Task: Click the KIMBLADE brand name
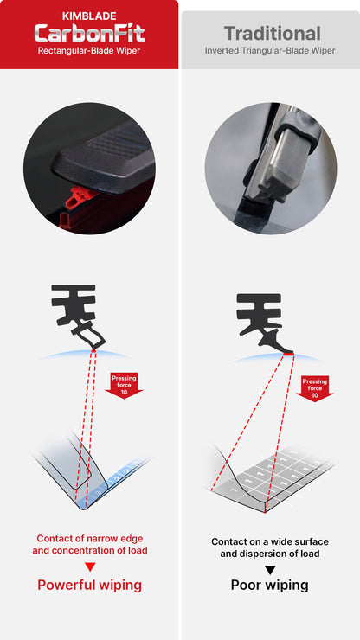pyautogui.click(x=90, y=16)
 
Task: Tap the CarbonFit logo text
pyautogui.click(x=90, y=33)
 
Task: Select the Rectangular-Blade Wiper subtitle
pyautogui.click(x=90, y=51)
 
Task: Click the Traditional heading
pyautogui.click(x=272, y=34)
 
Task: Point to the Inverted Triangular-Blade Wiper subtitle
pyautogui.click(x=270, y=51)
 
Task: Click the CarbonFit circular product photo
pyautogui.click(x=89, y=169)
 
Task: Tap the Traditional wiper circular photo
pyautogui.click(x=270, y=169)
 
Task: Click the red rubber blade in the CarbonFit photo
pyautogui.click(x=75, y=200)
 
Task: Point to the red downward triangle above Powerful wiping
pyautogui.click(x=90, y=566)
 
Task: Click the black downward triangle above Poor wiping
pyautogui.click(x=270, y=569)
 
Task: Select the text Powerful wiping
pyautogui.click(x=90, y=586)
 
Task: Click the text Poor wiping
pyautogui.click(x=270, y=586)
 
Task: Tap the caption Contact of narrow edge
pyautogui.click(x=90, y=538)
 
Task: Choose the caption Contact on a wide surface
pyautogui.click(x=270, y=542)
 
